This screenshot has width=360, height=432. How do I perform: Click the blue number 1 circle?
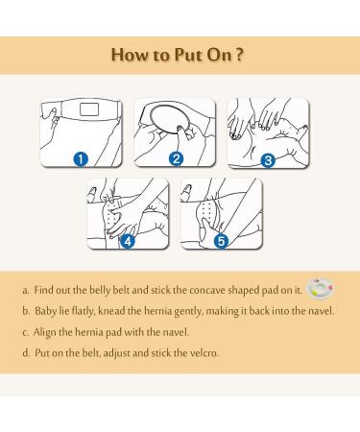[x=81, y=159]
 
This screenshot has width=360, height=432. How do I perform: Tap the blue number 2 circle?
[x=176, y=158]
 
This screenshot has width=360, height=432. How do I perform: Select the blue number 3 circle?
[x=268, y=160]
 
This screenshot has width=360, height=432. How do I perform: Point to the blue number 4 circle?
[x=128, y=241]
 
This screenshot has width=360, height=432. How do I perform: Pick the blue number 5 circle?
[x=222, y=241]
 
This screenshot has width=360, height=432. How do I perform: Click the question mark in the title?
[x=240, y=55]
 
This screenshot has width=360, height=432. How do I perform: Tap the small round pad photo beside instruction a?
[x=320, y=288]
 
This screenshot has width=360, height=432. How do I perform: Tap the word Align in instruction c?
[x=44, y=332]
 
